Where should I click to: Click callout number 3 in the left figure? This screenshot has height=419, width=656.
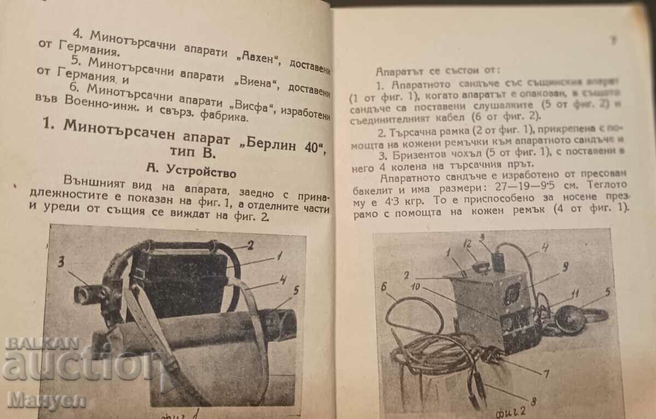click(x=62, y=261)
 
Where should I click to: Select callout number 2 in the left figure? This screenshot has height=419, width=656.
click(x=250, y=246)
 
